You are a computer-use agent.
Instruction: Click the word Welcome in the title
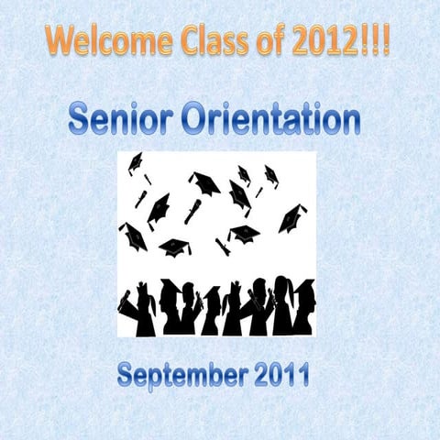[102, 41]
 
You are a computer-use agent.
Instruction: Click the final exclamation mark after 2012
[385, 41]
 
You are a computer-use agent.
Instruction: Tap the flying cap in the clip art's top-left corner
[136, 163]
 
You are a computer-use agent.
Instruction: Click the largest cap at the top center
[204, 183]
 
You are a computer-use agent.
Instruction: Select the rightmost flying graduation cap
[291, 218]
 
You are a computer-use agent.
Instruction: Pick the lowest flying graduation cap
[174, 247]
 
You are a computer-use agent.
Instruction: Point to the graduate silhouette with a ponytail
[280, 307]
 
